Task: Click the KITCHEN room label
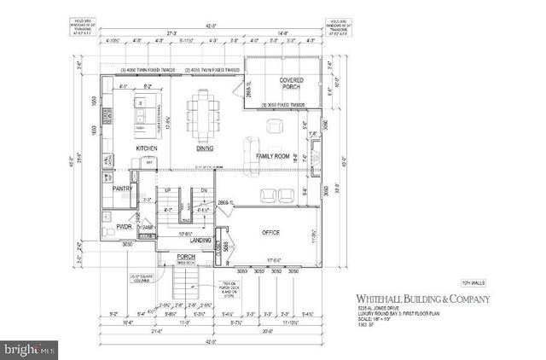[148, 148]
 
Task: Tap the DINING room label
[205, 148]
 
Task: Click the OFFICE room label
[271, 232]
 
